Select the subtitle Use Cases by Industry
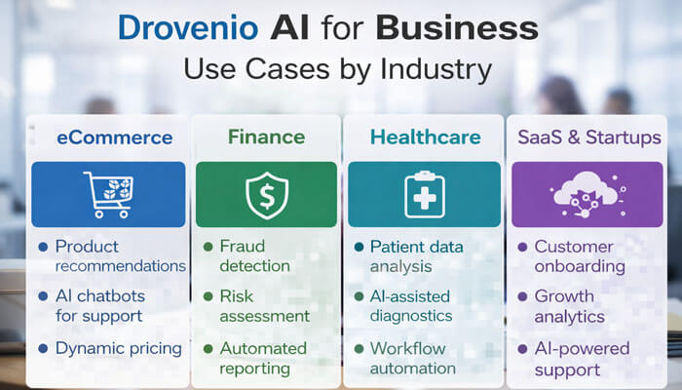340,70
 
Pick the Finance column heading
266,136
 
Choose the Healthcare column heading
425,137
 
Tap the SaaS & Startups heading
587,137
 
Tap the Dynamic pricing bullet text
118,348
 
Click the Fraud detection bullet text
254,255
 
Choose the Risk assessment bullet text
264,305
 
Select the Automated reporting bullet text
263,358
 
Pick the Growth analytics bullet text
569,306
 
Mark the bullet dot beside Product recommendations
42,247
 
